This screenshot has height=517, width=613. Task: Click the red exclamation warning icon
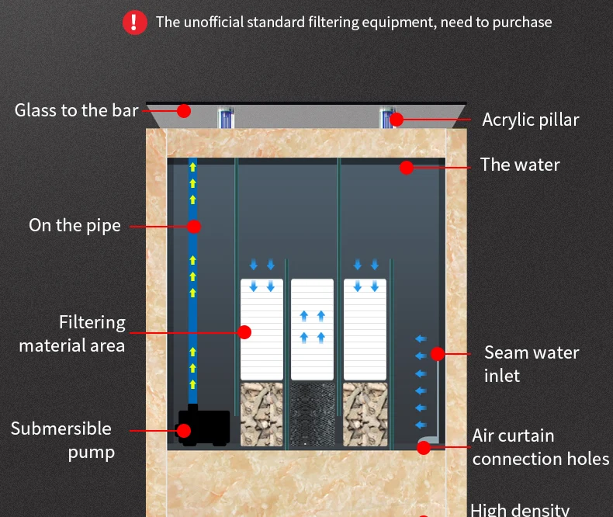134,22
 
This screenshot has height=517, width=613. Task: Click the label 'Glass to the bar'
76,110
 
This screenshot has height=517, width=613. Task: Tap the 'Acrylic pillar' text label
530,120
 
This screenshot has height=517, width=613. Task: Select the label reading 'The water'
519,165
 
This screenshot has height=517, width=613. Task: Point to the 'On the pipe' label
74,225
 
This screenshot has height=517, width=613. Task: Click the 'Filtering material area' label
72,333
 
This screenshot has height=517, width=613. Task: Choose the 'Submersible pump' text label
61,439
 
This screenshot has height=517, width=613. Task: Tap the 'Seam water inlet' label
532,363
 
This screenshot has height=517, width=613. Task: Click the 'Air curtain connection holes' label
540,447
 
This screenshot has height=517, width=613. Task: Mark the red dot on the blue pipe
194,227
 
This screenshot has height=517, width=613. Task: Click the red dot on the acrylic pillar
397,119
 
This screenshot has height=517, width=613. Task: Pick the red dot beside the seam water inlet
438,354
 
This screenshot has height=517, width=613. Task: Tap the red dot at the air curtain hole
424,447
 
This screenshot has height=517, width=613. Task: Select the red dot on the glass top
184,110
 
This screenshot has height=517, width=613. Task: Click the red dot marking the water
407,167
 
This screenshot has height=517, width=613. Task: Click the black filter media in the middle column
312,414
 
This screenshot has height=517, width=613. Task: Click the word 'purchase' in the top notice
522,22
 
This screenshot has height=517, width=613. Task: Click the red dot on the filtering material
244,332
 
